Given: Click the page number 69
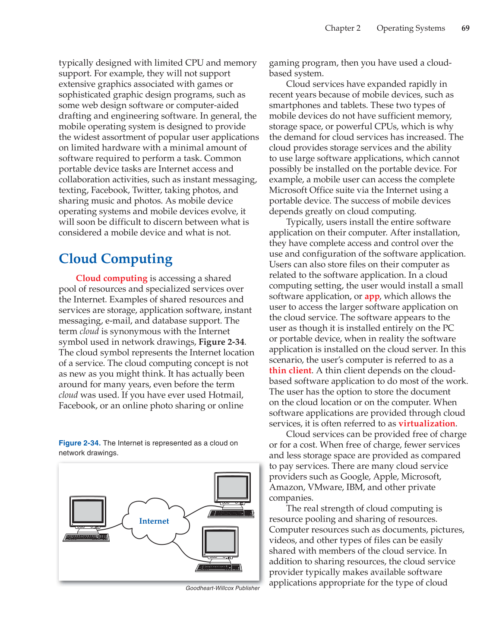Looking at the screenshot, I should [x=465, y=28].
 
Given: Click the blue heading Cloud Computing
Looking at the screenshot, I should [x=115, y=259].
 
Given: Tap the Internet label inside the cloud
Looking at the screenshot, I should [x=154, y=521].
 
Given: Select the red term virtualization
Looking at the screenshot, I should [x=426, y=423].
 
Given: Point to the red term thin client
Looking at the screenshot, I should [x=290, y=370].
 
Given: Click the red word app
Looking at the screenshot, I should [x=372, y=296].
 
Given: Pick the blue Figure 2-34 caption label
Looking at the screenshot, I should [x=79, y=443].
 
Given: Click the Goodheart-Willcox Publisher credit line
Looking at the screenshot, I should [x=223, y=588].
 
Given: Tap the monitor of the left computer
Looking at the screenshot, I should [x=88, y=511].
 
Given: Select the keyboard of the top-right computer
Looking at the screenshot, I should [x=231, y=513].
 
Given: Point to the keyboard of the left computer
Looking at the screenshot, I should [x=86, y=537].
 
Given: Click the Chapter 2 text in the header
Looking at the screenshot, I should [x=343, y=28].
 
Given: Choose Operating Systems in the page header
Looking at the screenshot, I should [x=411, y=28].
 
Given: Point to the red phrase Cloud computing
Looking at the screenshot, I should [x=112, y=278].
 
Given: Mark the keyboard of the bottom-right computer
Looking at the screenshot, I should [x=218, y=567].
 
